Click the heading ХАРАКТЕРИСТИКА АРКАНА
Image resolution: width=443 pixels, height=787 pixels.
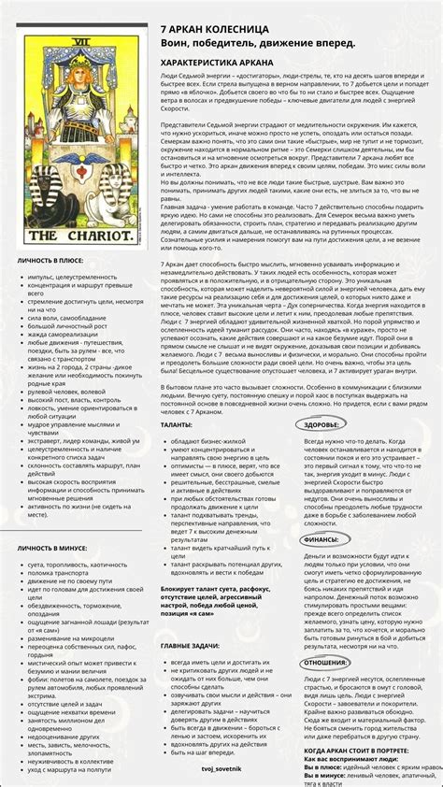coord(218,63)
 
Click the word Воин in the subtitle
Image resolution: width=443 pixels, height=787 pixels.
coord(178,43)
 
